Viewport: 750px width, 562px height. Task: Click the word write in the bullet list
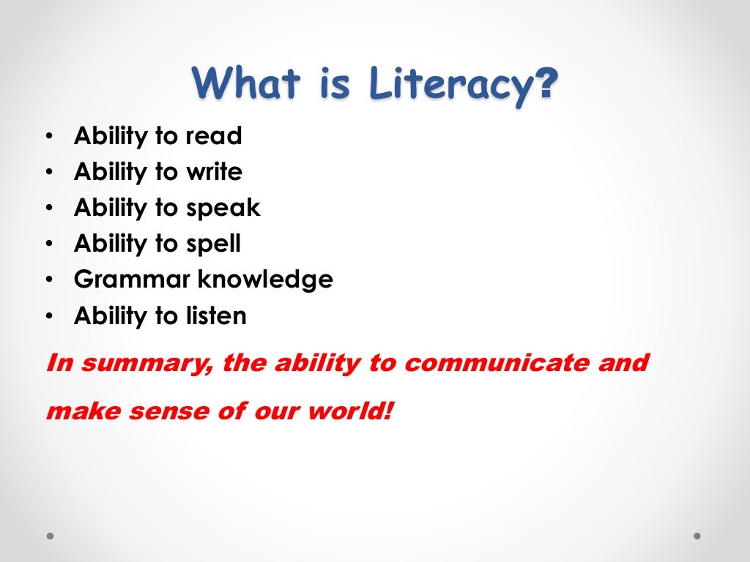pos(213,172)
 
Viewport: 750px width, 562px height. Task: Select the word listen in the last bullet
pos(215,316)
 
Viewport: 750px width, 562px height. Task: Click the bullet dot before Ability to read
pos(48,137)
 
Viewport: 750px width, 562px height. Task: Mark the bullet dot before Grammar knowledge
pos(48,280)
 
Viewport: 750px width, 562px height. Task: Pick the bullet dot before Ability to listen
pos(48,316)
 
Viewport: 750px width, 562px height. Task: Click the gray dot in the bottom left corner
pos(51,536)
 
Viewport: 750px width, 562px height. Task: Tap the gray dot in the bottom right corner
pos(697,536)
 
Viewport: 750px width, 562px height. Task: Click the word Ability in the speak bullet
pos(110,209)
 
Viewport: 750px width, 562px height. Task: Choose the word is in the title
pos(335,83)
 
